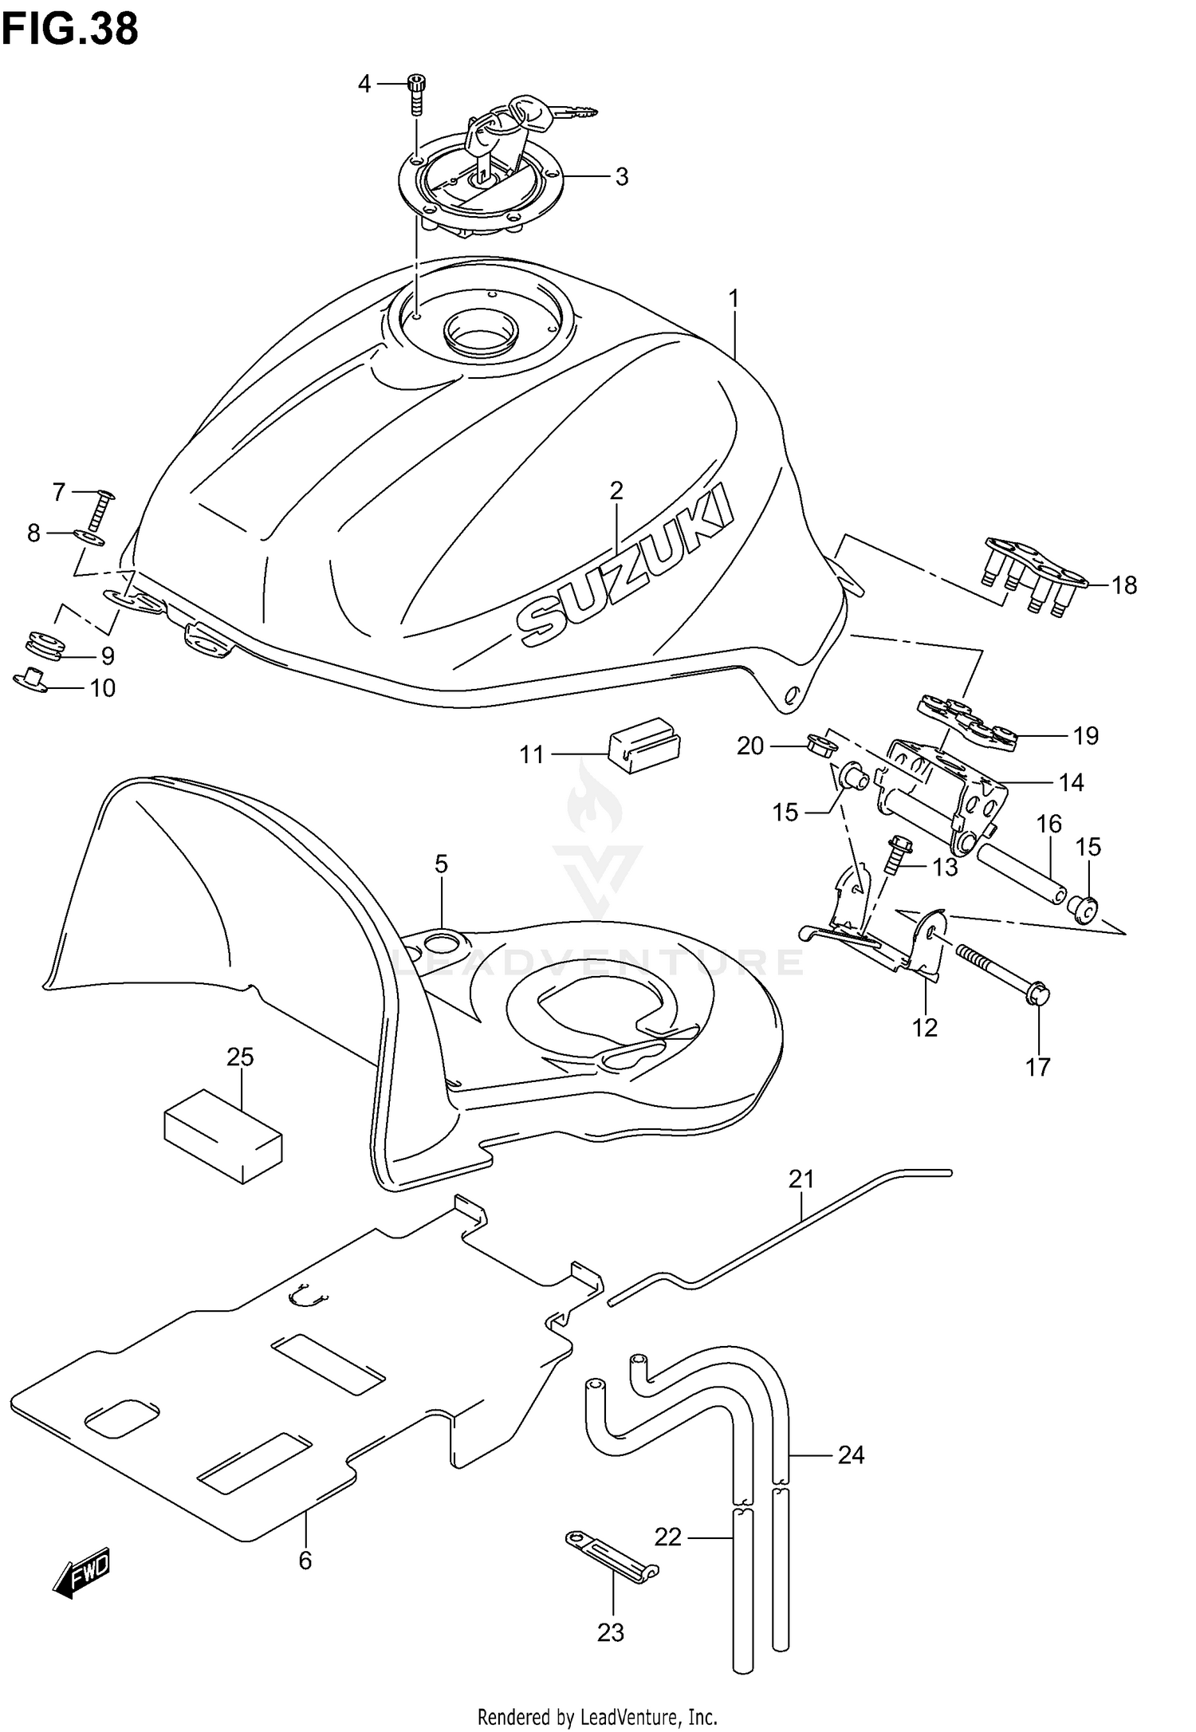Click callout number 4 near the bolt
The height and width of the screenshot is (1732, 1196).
click(364, 83)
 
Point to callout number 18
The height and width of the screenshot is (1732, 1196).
click(1123, 585)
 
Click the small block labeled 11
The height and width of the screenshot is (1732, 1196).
click(644, 743)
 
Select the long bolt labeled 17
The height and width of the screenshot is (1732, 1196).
click(1003, 971)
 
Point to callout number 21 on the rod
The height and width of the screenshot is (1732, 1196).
click(801, 1178)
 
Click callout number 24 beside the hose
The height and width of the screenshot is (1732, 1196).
click(851, 1455)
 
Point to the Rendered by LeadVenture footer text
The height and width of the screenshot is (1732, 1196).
click(597, 1716)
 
